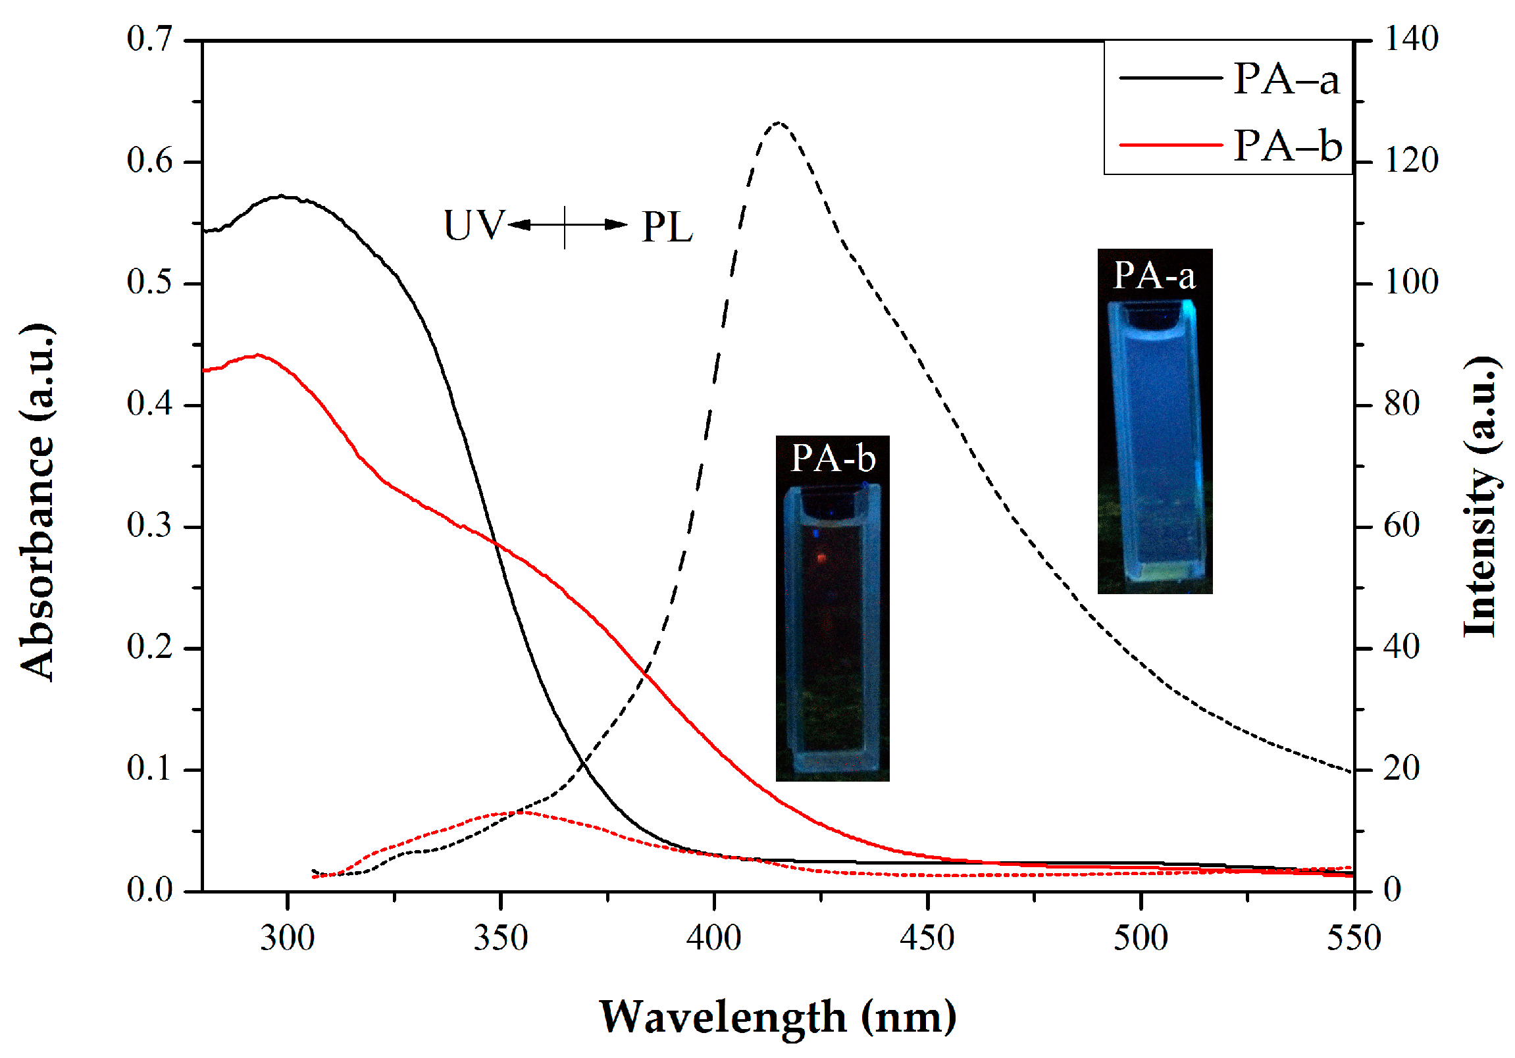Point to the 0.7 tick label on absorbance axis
coord(149,39)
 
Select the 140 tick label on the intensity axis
coord(1411,39)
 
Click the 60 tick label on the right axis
coord(1402,526)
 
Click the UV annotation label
coord(474,226)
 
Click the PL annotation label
coord(667,228)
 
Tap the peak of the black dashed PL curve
coord(779,122)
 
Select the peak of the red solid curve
coord(257,355)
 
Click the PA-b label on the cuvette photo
coord(833,458)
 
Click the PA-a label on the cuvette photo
coord(1154,276)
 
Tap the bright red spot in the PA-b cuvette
coord(821,559)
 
